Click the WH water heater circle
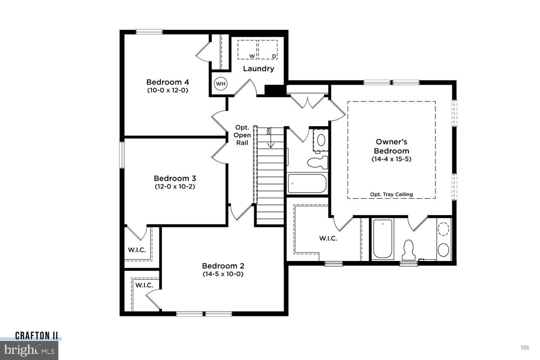pos(220,84)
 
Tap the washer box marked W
pos(247,49)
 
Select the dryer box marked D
pos(268,49)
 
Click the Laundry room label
pos(258,69)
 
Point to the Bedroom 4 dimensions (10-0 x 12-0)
pos(168,90)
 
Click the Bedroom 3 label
pos(175,178)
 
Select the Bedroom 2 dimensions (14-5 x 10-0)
pos(223,274)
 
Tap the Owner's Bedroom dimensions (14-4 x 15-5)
pos(391,159)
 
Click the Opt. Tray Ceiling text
pos(391,194)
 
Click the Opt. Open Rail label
pos(242,135)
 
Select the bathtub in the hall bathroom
pos(307,183)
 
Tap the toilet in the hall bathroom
pos(318,162)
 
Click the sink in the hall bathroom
pos(321,140)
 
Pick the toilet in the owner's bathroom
pos(409,250)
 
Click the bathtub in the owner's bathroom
pos(382,239)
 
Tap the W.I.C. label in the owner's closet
pos(328,238)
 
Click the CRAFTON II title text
pos(36,336)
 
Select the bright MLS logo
pos(29,350)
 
